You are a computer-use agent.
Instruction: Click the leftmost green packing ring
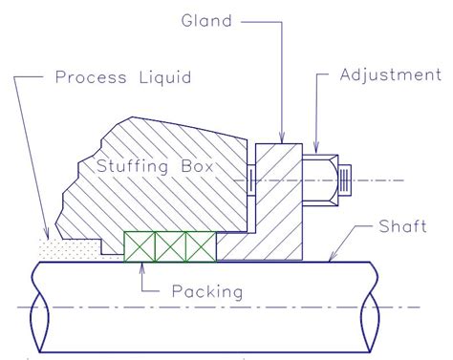(x=139, y=246)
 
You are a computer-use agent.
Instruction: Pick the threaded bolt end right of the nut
(x=345, y=178)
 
